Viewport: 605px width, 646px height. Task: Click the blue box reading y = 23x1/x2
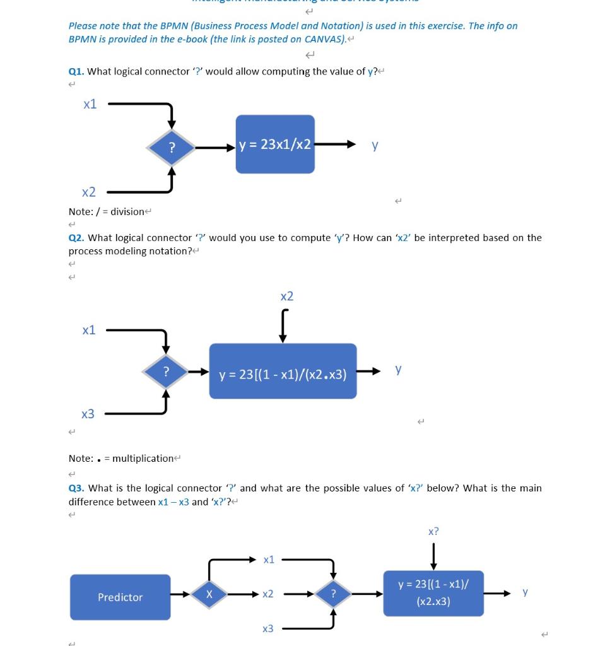point(275,144)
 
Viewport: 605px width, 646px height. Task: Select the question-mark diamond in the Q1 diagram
point(171,148)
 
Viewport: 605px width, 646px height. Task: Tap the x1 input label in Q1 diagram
point(90,104)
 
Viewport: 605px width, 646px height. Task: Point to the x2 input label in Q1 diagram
point(89,192)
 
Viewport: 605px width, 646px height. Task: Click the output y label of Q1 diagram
point(375,145)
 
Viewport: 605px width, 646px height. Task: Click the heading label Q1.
point(76,71)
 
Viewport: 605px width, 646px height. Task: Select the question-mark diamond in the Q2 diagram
point(166,372)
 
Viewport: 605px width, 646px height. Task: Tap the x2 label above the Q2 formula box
point(286,296)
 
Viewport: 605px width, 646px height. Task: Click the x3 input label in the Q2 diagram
point(88,414)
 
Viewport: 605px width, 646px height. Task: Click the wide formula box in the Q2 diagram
point(283,371)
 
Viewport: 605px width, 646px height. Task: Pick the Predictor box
point(120,597)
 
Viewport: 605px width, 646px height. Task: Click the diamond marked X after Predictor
point(209,594)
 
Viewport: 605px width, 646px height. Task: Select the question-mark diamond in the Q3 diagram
point(333,594)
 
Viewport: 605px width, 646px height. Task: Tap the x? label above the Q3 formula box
point(433,531)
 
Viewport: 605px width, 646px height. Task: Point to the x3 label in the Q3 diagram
point(268,628)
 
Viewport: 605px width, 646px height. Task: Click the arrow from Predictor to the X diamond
point(180,594)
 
